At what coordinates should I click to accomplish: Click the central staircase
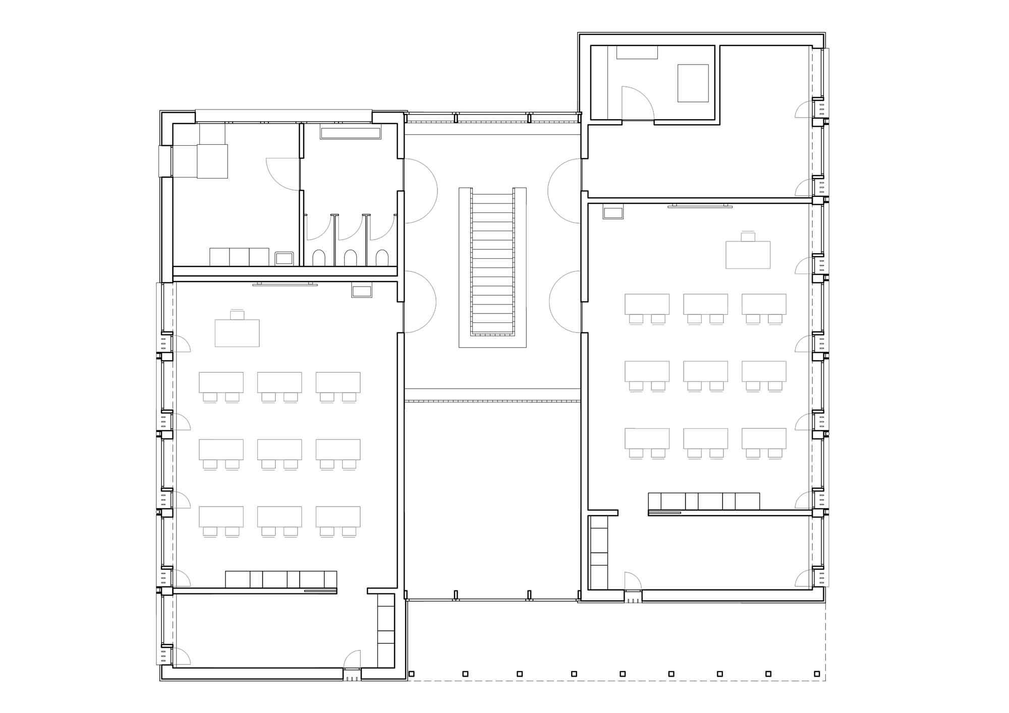click(x=492, y=262)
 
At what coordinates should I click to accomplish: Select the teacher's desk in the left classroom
click(x=237, y=333)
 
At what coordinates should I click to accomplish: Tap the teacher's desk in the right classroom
click(x=748, y=255)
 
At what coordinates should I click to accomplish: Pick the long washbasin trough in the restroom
click(x=351, y=133)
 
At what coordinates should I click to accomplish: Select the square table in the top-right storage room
click(x=693, y=83)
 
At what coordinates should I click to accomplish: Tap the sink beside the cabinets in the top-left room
click(x=285, y=258)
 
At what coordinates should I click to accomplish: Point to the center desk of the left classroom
click(x=279, y=449)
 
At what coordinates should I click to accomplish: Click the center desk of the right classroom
click(x=705, y=371)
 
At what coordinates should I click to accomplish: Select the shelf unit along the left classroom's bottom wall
click(x=281, y=579)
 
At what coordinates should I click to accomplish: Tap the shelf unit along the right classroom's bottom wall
click(x=704, y=501)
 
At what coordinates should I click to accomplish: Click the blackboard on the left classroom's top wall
click(x=285, y=285)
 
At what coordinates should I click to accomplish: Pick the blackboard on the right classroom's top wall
click(x=700, y=206)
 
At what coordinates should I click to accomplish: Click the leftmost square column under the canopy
click(x=412, y=674)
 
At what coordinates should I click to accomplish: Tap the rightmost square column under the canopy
click(x=817, y=674)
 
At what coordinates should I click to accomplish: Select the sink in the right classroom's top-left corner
click(x=613, y=213)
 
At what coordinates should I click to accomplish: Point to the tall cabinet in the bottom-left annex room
click(x=386, y=631)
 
